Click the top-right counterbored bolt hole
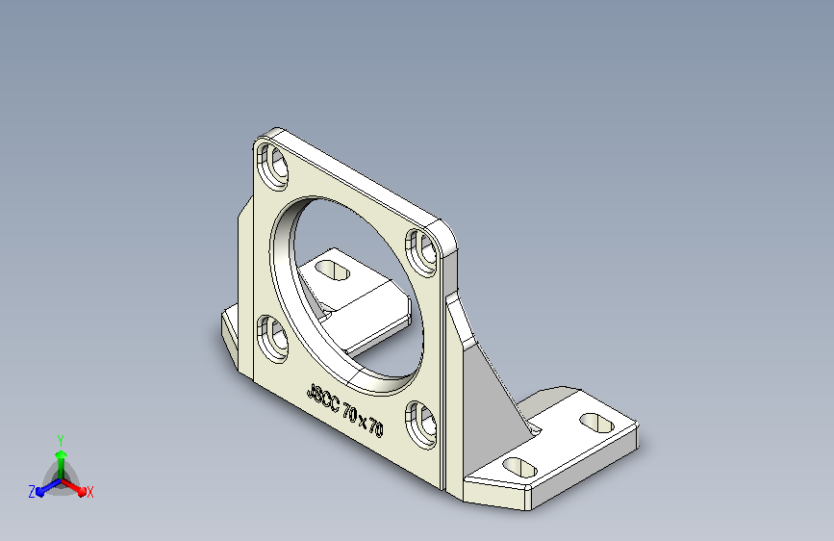tap(421, 252)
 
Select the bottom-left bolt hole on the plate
tap(272, 338)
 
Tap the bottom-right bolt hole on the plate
tap(421, 425)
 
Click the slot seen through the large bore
tap(333, 271)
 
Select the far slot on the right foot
tap(596, 423)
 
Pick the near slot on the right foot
tap(519, 468)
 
